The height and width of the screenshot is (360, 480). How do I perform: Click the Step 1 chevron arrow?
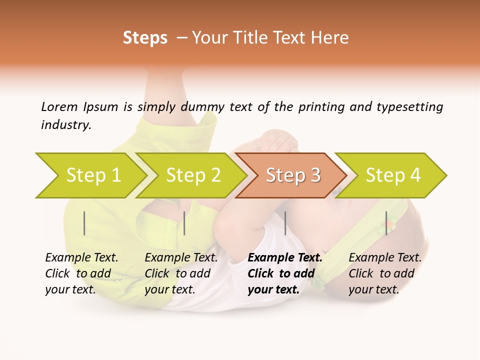click(93, 175)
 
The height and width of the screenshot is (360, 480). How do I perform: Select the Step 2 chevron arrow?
click(193, 175)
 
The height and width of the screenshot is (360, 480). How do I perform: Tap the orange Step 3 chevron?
click(293, 175)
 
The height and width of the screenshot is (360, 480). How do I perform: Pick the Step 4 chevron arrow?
click(393, 175)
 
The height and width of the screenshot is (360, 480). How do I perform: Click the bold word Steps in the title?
click(145, 38)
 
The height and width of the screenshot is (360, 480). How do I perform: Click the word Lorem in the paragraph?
click(59, 107)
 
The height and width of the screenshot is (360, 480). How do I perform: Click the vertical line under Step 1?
click(84, 223)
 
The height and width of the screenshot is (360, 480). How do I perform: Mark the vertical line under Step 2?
click(184, 223)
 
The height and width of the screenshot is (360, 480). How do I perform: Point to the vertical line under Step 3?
click(285, 223)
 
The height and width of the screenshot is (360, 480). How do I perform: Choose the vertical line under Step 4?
click(386, 223)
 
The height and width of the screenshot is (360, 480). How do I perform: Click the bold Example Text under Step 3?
click(285, 258)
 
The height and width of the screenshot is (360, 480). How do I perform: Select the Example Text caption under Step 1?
click(81, 258)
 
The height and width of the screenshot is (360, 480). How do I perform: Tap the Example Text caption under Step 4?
click(385, 258)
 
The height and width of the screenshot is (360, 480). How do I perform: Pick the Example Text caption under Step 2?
click(181, 258)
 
